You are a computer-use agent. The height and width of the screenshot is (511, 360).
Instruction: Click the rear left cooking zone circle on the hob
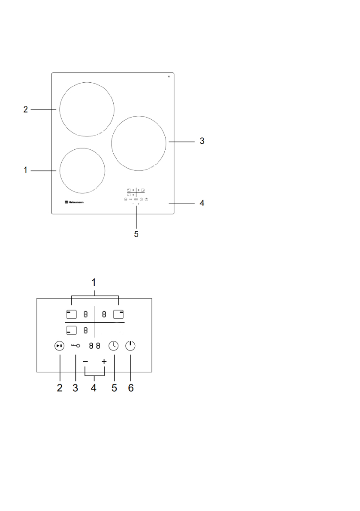87,108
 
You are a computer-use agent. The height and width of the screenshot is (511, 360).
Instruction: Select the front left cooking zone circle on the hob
82,170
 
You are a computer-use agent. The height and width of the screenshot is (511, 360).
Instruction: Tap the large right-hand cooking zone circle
139,142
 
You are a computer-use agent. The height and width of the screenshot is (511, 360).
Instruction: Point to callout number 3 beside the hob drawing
202,141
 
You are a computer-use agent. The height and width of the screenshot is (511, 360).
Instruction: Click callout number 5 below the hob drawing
136,235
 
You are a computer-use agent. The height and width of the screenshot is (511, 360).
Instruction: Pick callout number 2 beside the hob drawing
26,109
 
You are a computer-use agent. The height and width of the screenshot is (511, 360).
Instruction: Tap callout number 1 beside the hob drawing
26,170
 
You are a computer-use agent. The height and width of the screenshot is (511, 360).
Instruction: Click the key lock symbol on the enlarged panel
76,346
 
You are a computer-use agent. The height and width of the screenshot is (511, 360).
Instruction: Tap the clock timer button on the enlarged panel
114,346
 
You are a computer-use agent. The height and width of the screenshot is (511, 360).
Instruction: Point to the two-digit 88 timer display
94,346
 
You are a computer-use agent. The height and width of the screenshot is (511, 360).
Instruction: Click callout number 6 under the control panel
131,388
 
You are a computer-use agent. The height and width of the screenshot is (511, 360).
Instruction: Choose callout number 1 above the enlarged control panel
94,284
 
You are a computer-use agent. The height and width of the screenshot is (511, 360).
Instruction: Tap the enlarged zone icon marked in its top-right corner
118,314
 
